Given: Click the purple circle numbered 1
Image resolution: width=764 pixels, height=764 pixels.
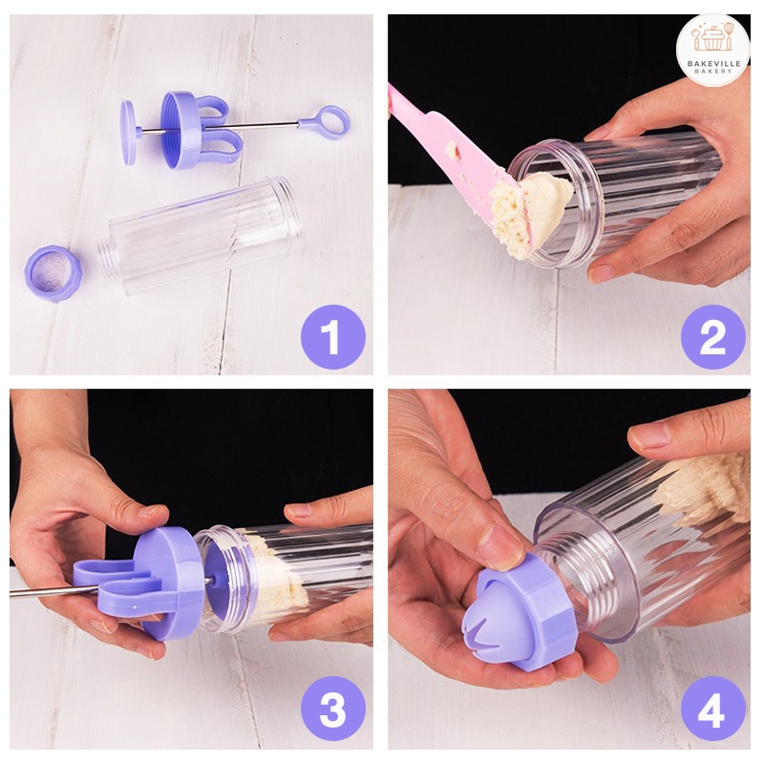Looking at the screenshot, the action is pyautogui.click(x=333, y=337).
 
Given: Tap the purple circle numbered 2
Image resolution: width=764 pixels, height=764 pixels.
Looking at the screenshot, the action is pyautogui.click(x=712, y=337).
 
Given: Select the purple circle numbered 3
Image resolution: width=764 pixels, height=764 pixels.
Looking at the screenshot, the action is pyautogui.click(x=333, y=710).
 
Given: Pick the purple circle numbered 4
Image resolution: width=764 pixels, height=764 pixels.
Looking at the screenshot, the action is pyautogui.click(x=712, y=710).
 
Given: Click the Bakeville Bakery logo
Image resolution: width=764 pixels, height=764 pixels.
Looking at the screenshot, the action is pyautogui.click(x=712, y=50).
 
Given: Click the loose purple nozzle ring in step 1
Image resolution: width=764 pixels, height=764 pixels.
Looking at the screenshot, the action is pyautogui.click(x=53, y=273).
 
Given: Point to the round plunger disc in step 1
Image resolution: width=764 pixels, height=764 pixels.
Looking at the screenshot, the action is pyautogui.click(x=129, y=132).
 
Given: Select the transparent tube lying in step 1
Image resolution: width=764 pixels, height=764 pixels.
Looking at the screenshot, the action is pyautogui.click(x=201, y=236).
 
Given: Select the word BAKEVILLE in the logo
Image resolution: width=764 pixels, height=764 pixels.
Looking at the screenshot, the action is pyautogui.click(x=713, y=64).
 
